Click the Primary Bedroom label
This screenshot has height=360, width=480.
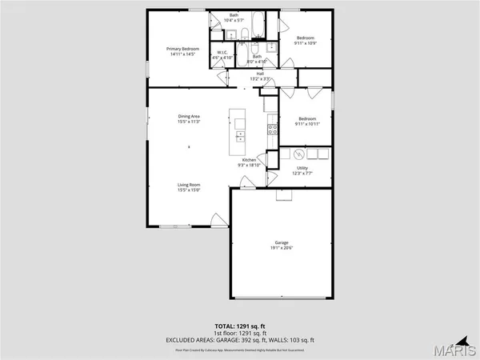click(182, 50)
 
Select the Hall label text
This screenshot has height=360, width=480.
click(260, 74)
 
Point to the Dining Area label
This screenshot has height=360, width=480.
click(189, 117)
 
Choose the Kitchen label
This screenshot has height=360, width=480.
click(249, 160)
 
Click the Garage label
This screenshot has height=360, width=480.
click(282, 242)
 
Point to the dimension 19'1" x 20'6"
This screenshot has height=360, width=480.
click(282, 248)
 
